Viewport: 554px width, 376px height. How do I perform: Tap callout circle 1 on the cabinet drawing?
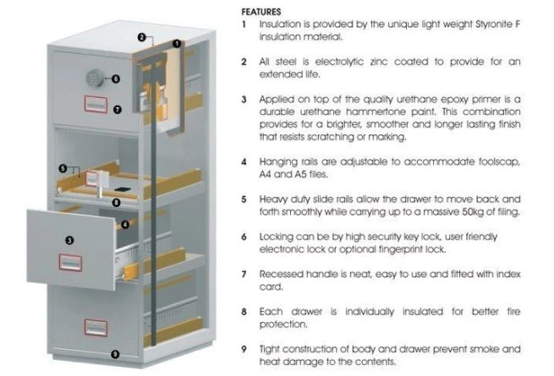178,43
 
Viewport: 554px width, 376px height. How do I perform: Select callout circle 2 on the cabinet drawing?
141,37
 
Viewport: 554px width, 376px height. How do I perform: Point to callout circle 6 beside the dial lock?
116,79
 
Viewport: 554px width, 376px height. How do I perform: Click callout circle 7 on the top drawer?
117,108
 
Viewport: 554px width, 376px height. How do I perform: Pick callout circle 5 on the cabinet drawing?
63,168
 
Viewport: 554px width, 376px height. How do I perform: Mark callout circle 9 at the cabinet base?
115,354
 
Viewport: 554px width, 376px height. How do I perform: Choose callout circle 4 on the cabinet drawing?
125,225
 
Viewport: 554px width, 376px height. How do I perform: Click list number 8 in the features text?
244,310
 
